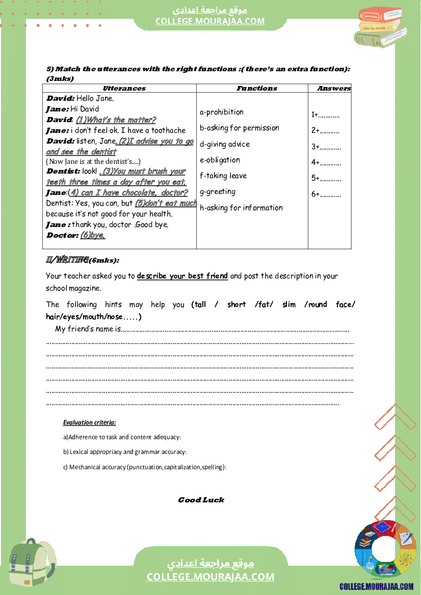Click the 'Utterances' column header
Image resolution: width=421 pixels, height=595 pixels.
124,89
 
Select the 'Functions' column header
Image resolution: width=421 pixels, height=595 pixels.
257,89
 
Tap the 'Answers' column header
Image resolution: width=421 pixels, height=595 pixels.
334,89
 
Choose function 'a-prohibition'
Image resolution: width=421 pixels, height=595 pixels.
222,112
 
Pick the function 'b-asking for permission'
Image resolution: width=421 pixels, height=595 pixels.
240,128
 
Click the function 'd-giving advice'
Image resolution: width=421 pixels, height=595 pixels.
225,145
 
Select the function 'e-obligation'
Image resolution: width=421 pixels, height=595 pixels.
220,160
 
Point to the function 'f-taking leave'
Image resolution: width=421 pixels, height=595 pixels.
223,176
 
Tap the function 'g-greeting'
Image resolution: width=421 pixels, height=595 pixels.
218,192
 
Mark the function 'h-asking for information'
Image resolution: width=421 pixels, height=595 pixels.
241,208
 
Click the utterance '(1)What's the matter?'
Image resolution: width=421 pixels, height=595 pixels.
116,120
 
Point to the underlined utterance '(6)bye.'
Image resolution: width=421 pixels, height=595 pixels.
93,236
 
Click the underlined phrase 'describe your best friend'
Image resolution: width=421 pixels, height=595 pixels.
182,276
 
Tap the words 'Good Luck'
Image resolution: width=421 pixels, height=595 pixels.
201,500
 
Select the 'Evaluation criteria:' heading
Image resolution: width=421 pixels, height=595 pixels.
89,422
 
